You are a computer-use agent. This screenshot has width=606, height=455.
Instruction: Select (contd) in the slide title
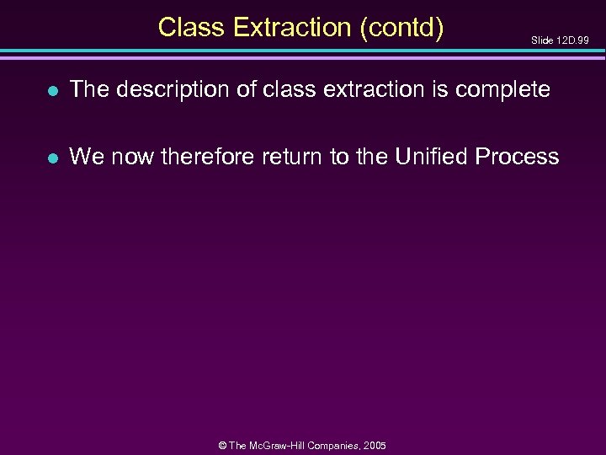coord(401,27)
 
